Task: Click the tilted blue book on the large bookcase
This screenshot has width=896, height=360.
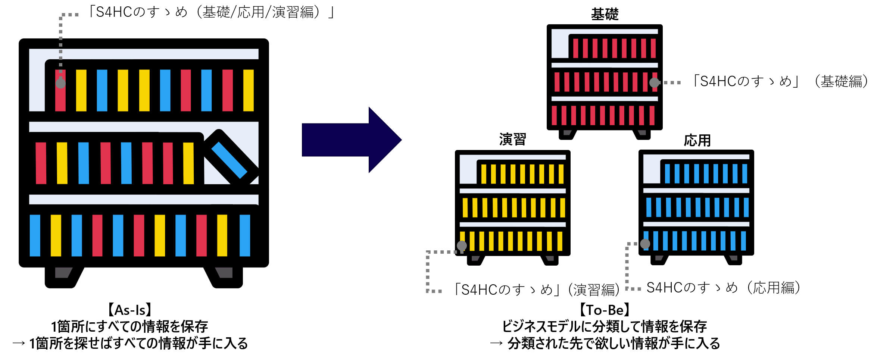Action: tap(229, 160)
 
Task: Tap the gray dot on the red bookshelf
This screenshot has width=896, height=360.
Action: tap(654, 83)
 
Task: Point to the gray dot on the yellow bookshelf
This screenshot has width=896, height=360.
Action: tap(462, 245)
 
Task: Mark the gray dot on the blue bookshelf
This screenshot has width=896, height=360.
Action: tap(645, 244)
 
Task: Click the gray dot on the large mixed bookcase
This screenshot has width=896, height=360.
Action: tap(60, 83)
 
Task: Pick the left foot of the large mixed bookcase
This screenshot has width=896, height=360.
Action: tap(63, 272)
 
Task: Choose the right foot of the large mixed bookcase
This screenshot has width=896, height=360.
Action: tap(224, 272)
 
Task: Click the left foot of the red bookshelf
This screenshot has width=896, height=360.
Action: tap(567, 132)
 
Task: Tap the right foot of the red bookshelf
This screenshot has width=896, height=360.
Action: tap(642, 132)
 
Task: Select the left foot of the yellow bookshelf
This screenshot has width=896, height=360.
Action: tap(475, 258)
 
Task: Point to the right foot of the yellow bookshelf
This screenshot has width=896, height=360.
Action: tap(550, 258)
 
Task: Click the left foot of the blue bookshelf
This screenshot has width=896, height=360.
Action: tap(659, 258)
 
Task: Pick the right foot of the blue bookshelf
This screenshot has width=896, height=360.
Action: tap(734, 258)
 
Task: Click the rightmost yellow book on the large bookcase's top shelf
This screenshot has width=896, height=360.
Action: tap(248, 90)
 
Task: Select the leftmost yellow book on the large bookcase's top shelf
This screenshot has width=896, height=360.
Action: tap(81, 90)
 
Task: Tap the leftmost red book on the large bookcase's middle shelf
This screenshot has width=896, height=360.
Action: tap(41, 163)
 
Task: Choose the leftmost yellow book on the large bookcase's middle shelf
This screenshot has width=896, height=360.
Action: tap(62, 163)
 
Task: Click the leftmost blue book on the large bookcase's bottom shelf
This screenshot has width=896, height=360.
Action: tap(35, 235)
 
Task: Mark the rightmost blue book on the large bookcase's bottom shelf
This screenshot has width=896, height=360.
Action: tap(245, 235)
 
